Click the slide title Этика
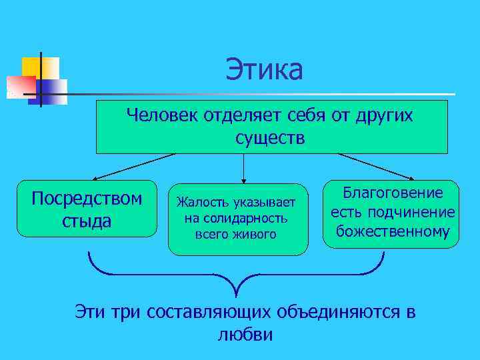pos(264,70)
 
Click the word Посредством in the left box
pos(87,199)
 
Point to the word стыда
pos(87,220)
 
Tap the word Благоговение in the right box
pos(393,193)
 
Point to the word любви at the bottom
pos(245,334)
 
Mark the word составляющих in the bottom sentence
pos(201,312)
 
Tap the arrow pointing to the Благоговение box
pos(377,167)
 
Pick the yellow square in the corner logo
pos(31,66)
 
